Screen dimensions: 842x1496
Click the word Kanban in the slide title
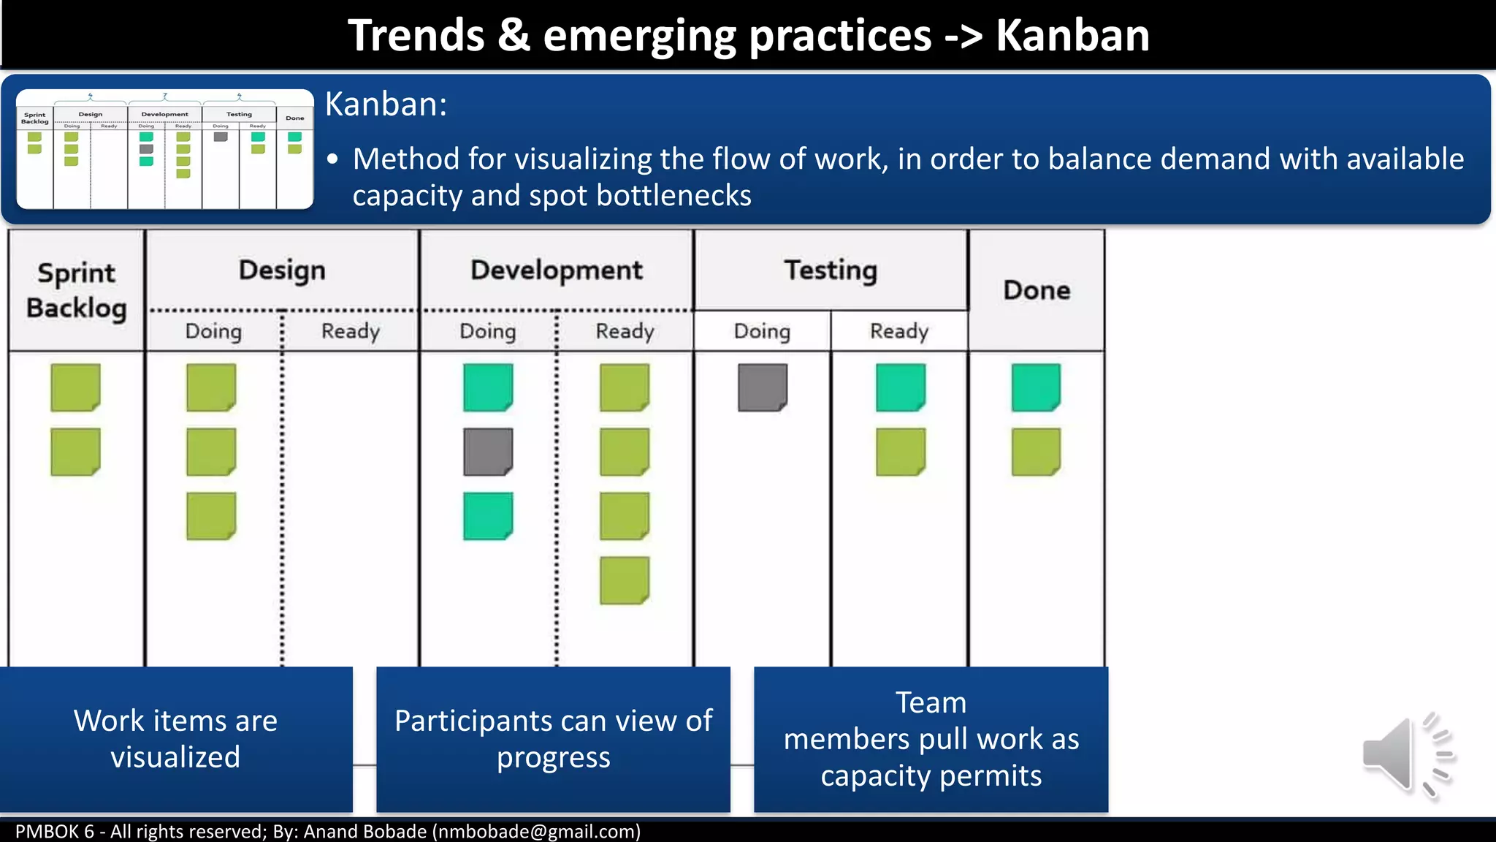[1072, 35]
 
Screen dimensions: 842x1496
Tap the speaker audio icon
[1406, 754]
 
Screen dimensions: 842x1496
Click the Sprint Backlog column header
[76, 290]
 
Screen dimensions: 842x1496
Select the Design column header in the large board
[282, 270]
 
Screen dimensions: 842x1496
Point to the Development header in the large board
[556, 270]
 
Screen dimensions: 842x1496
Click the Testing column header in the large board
[831, 270]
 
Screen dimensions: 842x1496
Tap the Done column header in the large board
[1037, 290]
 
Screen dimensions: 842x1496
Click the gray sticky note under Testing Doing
[762, 387]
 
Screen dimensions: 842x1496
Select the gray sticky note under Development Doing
[487, 452]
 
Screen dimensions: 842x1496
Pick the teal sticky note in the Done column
[1036, 387]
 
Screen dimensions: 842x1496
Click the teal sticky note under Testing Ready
[900, 387]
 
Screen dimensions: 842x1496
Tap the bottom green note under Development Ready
[624, 580]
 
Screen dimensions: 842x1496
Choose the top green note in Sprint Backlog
[75, 387]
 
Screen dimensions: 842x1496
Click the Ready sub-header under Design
[351, 331]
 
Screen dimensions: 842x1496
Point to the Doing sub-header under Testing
[762, 331]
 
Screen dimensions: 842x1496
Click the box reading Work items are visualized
[175, 738]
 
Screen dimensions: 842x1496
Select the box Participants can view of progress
[553, 738]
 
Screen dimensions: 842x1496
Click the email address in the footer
[536, 832]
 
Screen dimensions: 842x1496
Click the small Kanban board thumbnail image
[165, 149]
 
